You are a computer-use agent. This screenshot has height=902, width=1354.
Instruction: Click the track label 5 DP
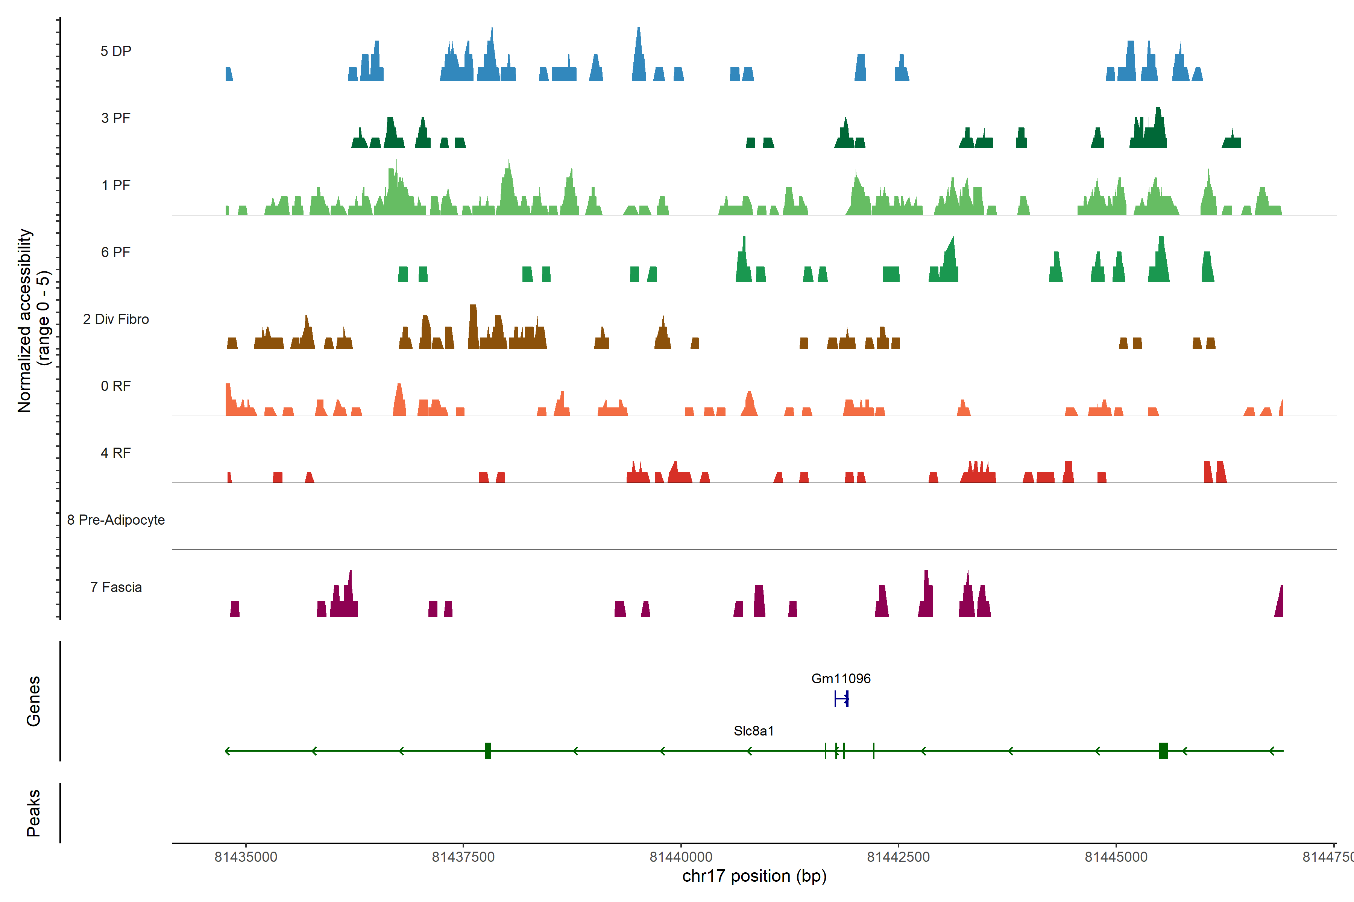pyautogui.click(x=116, y=51)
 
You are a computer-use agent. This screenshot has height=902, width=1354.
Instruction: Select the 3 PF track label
pyautogui.click(x=116, y=118)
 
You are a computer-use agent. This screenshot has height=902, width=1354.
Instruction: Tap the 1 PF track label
pyautogui.click(x=116, y=185)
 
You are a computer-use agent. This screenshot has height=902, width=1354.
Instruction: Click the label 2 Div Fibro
pyautogui.click(x=116, y=319)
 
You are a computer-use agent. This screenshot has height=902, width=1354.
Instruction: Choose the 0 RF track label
pyautogui.click(x=116, y=386)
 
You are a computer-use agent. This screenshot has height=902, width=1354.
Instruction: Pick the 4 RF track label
pyautogui.click(x=116, y=453)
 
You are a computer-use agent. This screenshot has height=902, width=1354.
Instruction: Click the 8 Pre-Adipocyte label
pyautogui.click(x=116, y=520)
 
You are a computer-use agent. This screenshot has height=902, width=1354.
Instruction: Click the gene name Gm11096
pyautogui.click(x=841, y=679)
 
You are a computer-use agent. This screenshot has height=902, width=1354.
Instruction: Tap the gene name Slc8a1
pyautogui.click(x=754, y=731)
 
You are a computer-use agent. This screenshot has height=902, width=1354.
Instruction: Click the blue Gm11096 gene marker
pyautogui.click(x=841, y=699)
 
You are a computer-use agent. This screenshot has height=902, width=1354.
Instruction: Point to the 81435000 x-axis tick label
pyautogui.click(x=246, y=857)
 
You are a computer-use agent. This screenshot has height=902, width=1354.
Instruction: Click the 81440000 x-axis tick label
pyautogui.click(x=681, y=857)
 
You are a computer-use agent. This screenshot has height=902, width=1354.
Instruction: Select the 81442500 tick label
pyautogui.click(x=898, y=857)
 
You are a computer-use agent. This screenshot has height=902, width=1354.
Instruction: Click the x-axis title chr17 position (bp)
pyautogui.click(x=754, y=876)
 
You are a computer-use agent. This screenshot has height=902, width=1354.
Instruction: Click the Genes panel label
pyautogui.click(x=33, y=701)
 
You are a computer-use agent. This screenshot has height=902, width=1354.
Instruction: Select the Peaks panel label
pyautogui.click(x=33, y=813)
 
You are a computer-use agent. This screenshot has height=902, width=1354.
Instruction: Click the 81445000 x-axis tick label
pyautogui.click(x=1116, y=857)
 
